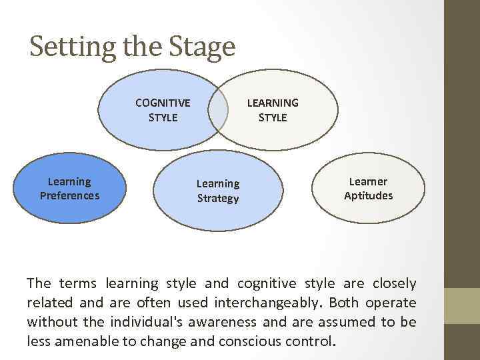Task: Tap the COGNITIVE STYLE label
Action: tap(162, 110)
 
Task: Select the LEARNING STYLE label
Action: tap(273, 110)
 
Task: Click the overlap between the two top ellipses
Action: tap(218, 110)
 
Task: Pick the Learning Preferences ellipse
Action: tap(69, 189)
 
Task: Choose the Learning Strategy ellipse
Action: tap(217, 191)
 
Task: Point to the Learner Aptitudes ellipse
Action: tap(368, 189)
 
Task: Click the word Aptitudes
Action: tap(368, 196)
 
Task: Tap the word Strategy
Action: tap(217, 199)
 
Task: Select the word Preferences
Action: tap(69, 196)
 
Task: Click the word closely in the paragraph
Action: tap(394, 284)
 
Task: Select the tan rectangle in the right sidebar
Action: tap(462, 305)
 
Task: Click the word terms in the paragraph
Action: tap(75, 284)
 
